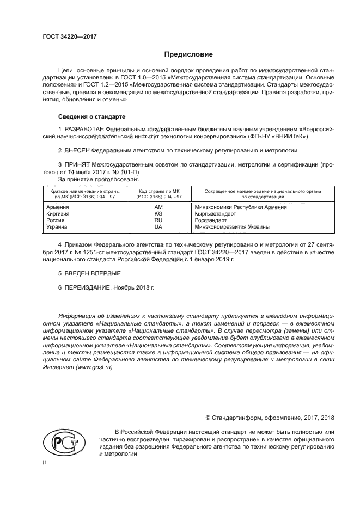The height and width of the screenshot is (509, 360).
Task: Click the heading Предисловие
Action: tap(188, 54)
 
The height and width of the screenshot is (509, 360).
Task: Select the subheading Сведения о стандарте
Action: tap(91, 116)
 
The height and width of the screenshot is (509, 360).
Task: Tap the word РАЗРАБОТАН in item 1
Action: tap(84, 128)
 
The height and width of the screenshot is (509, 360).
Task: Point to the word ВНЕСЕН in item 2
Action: tap(76, 150)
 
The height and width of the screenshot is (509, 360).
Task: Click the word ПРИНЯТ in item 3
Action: tap(77, 164)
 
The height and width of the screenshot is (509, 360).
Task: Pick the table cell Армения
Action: tap(58, 207)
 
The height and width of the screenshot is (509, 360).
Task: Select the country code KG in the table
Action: tap(158, 214)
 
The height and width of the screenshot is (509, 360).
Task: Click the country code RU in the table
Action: tap(158, 220)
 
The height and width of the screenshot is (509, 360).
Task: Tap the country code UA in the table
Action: tap(158, 227)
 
